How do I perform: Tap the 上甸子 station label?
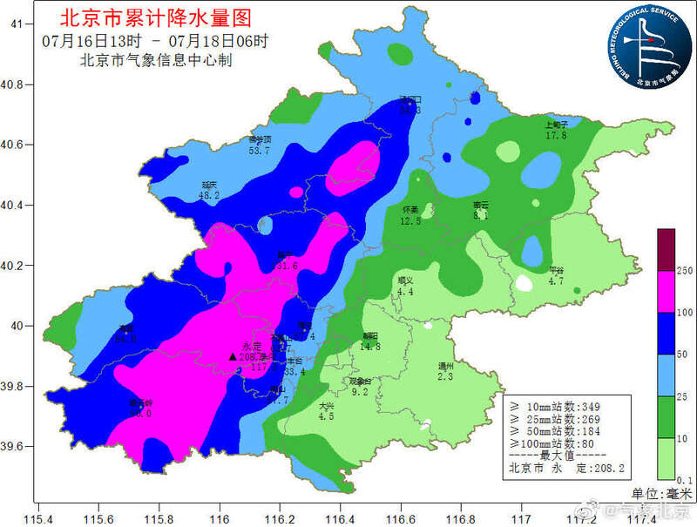tap(556, 125)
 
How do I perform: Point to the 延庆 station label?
tap(210, 185)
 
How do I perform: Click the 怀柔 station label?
tap(410, 210)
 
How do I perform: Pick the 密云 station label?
tap(481, 206)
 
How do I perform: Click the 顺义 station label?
tap(404, 280)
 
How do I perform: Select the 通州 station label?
tap(445, 366)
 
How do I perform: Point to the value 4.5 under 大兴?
tap(326, 416)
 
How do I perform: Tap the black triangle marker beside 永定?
tap(232, 356)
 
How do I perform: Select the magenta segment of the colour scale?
tap(666, 293)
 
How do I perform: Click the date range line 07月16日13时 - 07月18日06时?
tap(155, 41)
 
